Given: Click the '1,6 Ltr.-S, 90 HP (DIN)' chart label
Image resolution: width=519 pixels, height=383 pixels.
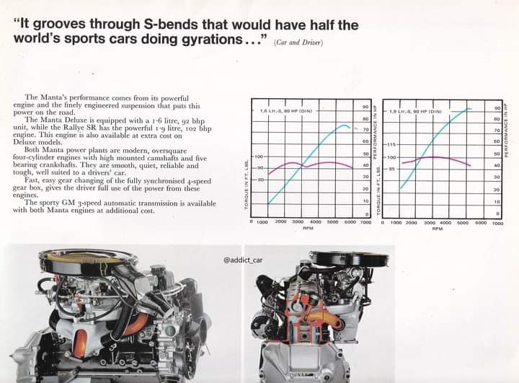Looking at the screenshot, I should click(283, 111).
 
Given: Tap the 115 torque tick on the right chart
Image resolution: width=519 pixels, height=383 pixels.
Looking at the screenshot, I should click(392, 144).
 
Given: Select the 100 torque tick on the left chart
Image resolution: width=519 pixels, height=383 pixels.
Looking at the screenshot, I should click(259, 156).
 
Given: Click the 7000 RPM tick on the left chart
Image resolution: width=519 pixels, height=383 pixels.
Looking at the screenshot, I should click(368, 222).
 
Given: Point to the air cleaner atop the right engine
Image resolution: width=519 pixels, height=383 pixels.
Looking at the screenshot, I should click(339, 258).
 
